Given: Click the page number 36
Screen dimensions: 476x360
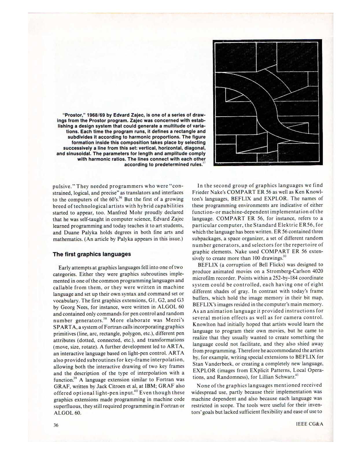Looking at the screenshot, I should click(56, 425).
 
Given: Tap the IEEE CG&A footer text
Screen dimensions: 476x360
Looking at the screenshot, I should click(309, 424).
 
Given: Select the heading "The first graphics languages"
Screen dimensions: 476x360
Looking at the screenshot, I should click(92, 254).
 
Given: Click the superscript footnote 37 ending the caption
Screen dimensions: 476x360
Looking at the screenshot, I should click(204, 163).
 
